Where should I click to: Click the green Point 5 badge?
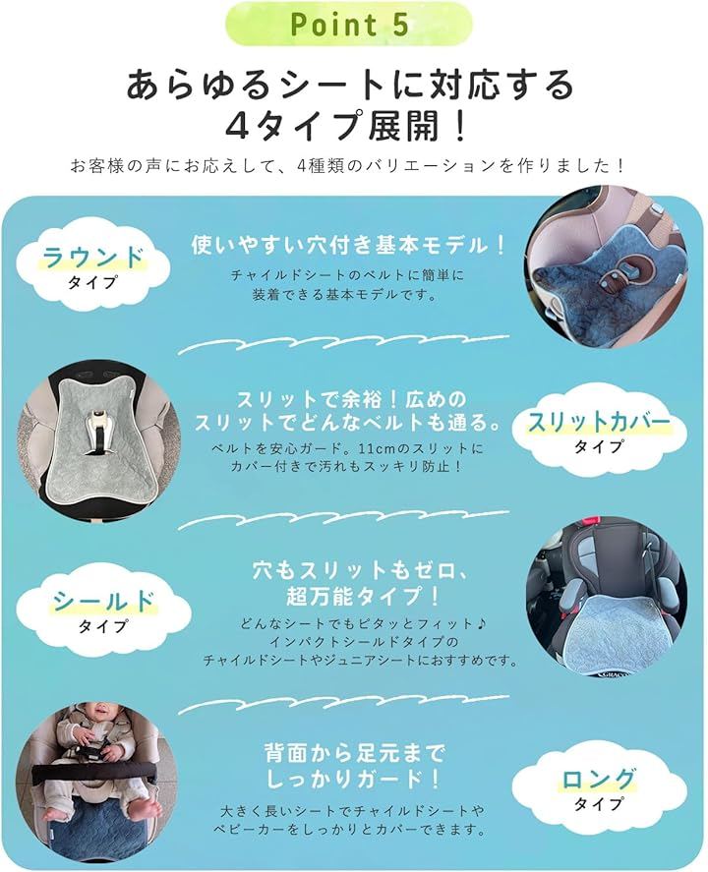point(350,25)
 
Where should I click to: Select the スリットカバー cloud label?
point(599,431)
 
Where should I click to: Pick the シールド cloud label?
point(103,610)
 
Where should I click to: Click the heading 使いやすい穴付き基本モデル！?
point(349,245)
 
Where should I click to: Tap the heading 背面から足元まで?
point(355,754)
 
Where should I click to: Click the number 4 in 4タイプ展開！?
point(237,126)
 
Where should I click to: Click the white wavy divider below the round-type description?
point(344,344)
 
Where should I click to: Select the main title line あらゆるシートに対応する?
point(350,86)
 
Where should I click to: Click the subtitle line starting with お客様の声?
point(348,165)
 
